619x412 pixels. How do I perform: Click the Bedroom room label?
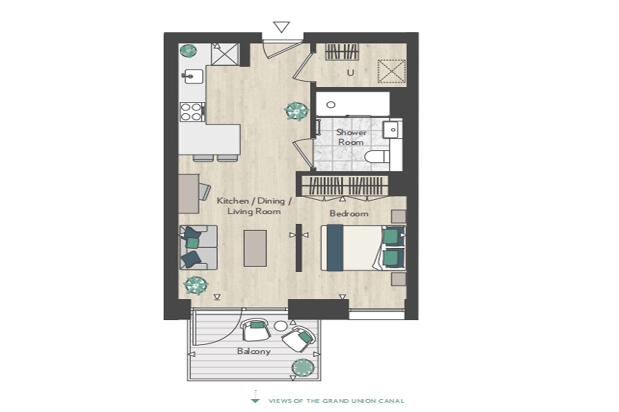click(x=349, y=213)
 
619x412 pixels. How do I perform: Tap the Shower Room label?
click(x=351, y=137)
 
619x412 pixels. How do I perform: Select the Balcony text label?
click(x=254, y=351)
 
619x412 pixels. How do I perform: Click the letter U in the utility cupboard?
click(x=350, y=73)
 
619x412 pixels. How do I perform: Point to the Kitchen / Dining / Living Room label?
click(x=254, y=206)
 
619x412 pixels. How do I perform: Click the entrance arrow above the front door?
click(x=281, y=27)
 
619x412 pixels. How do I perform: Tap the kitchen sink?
click(x=194, y=76)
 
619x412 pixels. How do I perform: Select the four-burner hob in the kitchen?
click(x=191, y=112)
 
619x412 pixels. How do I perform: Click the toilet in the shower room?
click(x=377, y=157)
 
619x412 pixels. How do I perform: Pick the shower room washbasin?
click(x=392, y=129)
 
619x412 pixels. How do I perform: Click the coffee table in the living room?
click(x=255, y=248)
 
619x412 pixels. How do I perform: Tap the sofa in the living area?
click(x=198, y=248)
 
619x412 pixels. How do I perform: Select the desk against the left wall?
click(x=189, y=194)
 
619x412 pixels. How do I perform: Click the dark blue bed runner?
click(x=335, y=248)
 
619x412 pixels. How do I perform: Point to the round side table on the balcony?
click(x=281, y=326)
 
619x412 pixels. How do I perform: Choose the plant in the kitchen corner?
click(x=188, y=51)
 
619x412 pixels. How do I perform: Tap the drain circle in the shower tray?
click(x=331, y=105)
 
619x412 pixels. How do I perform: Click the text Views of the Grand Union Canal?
click(x=336, y=401)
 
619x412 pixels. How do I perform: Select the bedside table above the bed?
click(x=399, y=216)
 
